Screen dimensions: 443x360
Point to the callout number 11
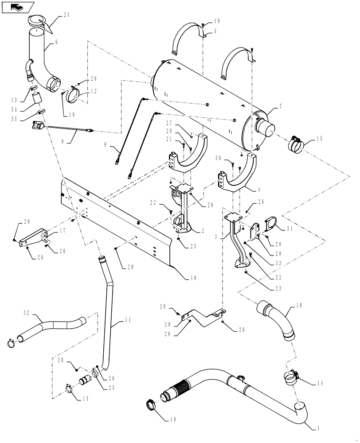[x=115, y=326]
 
